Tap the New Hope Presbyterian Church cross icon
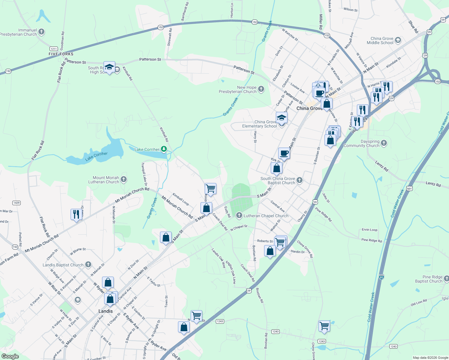pos(261,89)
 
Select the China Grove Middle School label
pos(380,40)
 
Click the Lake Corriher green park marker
pos(164,149)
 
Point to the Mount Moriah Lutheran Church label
pos(104,180)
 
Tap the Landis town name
pos(106,311)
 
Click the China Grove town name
pos(309,108)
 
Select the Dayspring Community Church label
pos(361,143)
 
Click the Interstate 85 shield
pos(381,277)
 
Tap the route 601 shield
pos(409,188)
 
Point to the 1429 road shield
pos(16,203)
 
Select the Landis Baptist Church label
pos(63,265)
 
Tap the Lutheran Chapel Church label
pos(266,216)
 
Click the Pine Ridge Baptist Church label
pos(429,279)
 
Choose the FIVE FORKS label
pos(61,54)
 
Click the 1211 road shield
pos(53,49)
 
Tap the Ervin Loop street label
pos(369,230)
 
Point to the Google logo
pos(10,356)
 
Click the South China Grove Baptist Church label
pos(278,181)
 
